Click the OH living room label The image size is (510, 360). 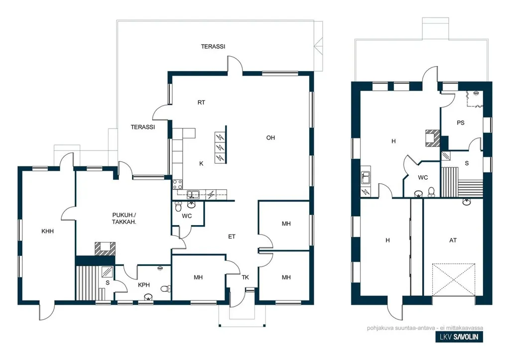coord(270,138)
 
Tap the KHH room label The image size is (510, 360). coord(47,232)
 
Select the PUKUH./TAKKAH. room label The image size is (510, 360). coord(124,219)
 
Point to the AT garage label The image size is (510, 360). coord(453,240)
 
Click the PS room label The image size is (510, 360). coord(460,123)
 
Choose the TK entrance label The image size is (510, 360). coord(245,277)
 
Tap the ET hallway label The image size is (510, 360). coord(232,237)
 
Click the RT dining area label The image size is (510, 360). coord(201,103)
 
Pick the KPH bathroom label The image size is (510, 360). coord(144,285)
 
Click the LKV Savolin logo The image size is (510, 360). coord(459,337)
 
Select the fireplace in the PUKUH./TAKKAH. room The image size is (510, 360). coord(105,248)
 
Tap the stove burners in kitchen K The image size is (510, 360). coord(178,184)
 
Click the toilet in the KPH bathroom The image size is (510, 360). coord(166,288)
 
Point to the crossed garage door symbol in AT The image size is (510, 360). coord(454,279)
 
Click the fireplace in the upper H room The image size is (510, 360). coord(433,137)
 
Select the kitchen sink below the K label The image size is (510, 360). coord(193,195)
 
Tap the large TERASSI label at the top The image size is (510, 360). coord(213,46)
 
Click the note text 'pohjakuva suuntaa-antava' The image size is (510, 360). coord(395,328)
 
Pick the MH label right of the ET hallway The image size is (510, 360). coord(286,224)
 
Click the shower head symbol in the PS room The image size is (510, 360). coord(476,93)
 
